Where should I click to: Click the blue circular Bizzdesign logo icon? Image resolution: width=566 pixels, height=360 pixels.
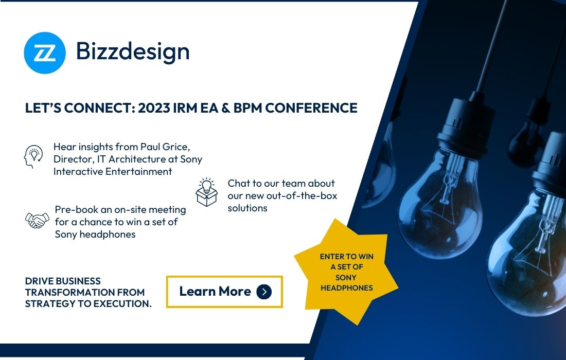pyautogui.click(x=45, y=52)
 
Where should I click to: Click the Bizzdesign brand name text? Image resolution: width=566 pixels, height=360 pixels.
pyautogui.click(x=133, y=51)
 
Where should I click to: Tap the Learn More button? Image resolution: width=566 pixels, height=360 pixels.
pyautogui.click(x=224, y=292)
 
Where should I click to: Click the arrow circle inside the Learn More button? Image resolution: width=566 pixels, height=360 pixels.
pyautogui.click(x=263, y=292)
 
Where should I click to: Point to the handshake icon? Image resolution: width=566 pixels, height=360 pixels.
pyautogui.click(x=37, y=220)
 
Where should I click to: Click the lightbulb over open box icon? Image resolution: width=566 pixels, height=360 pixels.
pyautogui.click(x=207, y=192)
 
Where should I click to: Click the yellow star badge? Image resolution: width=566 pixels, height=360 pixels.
pyautogui.click(x=346, y=272)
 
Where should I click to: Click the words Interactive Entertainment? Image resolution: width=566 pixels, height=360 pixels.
pyautogui.click(x=113, y=171)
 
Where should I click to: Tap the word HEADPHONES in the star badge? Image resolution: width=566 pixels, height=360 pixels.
pyautogui.click(x=346, y=288)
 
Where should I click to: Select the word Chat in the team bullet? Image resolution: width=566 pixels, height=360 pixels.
pyautogui.click(x=239, y=183)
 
